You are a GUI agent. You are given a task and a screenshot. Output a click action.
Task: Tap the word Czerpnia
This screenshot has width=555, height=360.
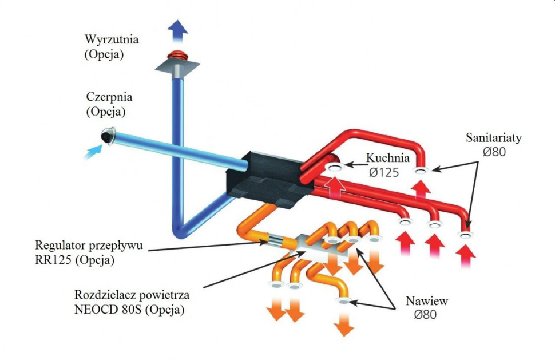tap(108, 96)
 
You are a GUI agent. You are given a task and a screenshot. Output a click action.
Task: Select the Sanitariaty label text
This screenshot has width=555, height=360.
tap(493, 138)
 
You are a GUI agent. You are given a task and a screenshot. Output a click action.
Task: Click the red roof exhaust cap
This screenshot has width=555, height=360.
tap(177, 57)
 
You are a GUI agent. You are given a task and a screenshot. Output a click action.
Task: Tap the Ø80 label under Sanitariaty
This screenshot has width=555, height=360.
tap(493, 153)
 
